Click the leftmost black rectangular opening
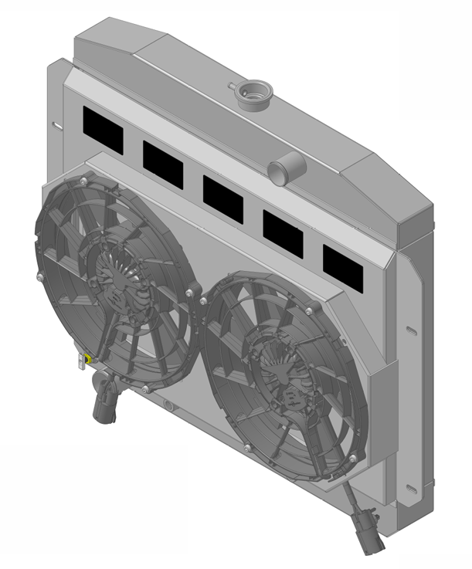point(103,128)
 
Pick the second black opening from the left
point(163,164)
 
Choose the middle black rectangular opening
point(222,198)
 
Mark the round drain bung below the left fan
point(168,404)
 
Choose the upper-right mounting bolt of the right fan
point(310,311)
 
